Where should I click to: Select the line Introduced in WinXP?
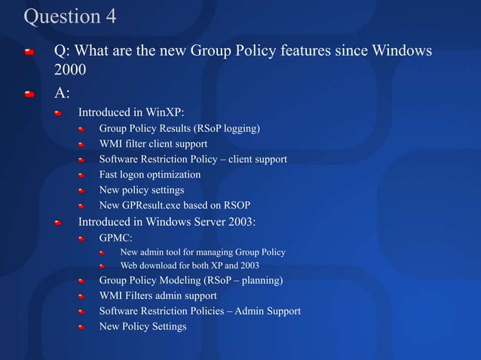pyautogui.click(x=131, y=113)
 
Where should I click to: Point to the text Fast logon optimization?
pyautogui.click(x=150, y=175)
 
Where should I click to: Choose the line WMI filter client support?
pyautogui.click(x=158, y=144)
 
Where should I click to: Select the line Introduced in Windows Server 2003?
pyautogui.click(x=167, y=221)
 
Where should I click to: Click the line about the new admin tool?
pyautogui.click(x=203, y=252)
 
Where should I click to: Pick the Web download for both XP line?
pyautogui.click(x=190, y=266)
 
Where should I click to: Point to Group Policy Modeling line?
pyautogui.click(x=191, y=281)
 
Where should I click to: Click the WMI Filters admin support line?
pyautogui.click(x=158, y=296)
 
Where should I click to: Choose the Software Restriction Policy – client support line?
pyautogui.click(x=193, y=160)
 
